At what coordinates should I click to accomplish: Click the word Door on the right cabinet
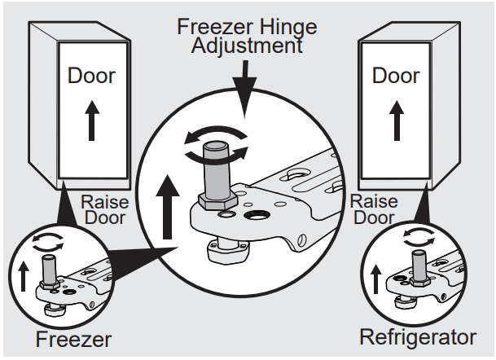[397, 75]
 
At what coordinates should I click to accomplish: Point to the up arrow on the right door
[397, 121]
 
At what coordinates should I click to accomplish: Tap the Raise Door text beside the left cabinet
[103, 210]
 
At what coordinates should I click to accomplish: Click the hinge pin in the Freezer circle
[48, 270]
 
